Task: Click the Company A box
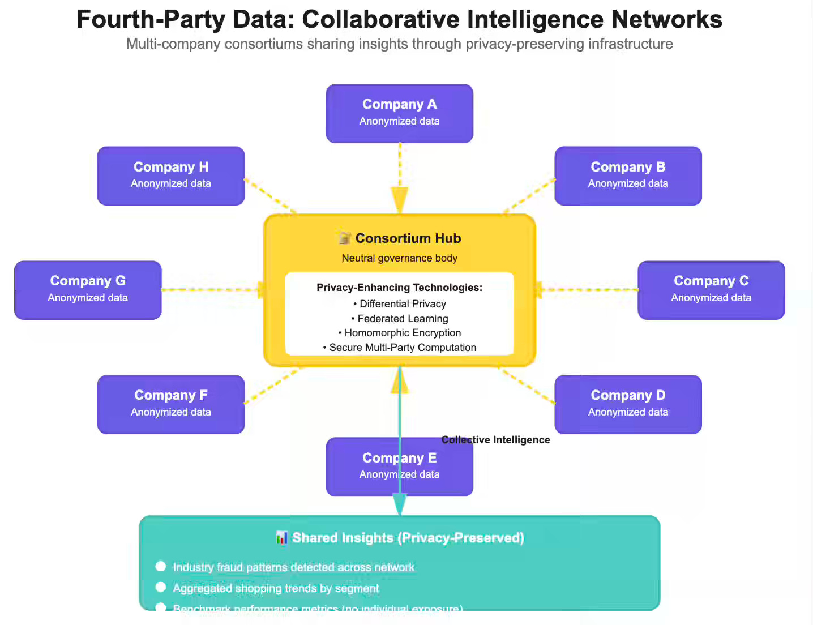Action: (x=399, y=113)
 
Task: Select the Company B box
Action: (x=628, y=175)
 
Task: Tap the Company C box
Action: (x=711, y=290)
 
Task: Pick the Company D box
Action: (x=628, y=404)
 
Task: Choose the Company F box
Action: (x=170, y=404)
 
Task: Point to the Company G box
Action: (x=88, y=290)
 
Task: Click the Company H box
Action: (x=170, y=175)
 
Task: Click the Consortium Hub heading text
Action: (x=408, y=238)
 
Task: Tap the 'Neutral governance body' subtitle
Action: (x=399, y=258)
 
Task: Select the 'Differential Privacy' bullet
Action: (x=403, y=304)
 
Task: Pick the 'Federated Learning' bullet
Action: (x=403, y=319)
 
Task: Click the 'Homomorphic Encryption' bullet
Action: (x=403, y=333)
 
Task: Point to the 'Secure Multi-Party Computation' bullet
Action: (x=403, y=348)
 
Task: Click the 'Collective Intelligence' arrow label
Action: (x=495, y=440)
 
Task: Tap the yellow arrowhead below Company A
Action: (x=399, y=199)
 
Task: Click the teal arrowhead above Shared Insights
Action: (x=400, y=503)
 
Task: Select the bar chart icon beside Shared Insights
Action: (x=281, y=538)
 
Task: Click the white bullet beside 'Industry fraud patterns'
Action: (x=161, y=566)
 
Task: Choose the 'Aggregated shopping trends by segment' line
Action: (x=276, y=588)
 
